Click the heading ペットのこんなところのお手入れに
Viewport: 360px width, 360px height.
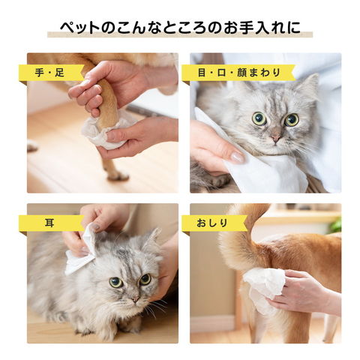[180, 28]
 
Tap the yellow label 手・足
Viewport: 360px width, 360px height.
[51, 73]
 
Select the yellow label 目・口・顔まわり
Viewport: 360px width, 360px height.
[238, 73]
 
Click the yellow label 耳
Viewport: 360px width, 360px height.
[51, 223]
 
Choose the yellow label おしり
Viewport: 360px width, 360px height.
[214, 223]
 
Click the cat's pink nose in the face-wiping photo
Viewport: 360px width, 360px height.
[276, 138]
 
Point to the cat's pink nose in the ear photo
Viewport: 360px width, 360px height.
[135, 298]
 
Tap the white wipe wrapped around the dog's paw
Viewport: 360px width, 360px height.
[105, 131]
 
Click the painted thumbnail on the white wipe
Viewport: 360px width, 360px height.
[237, 157]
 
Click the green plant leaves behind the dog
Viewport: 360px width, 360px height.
[335, 225]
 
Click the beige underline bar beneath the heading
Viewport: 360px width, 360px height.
[180, 34]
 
